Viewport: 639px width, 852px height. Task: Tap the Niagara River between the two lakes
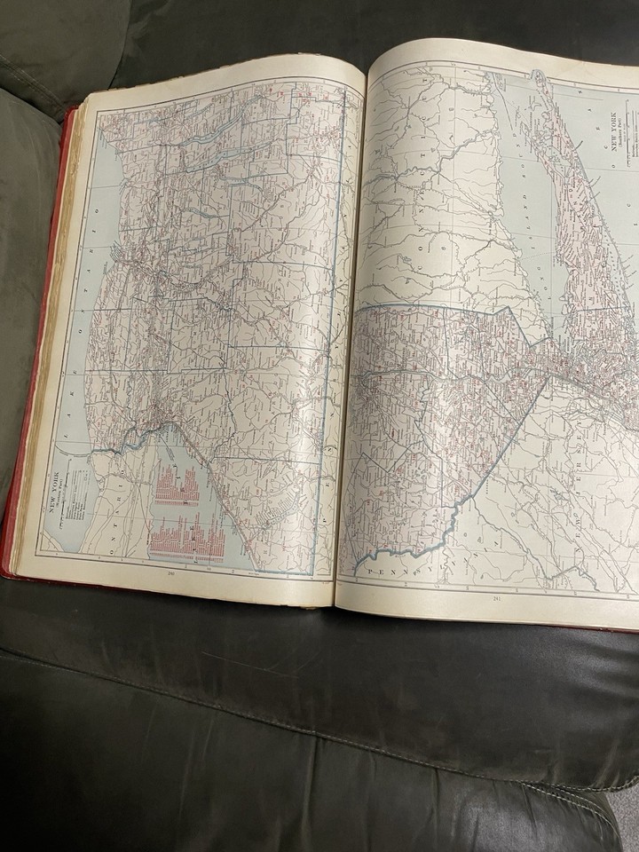(x=133, y=435)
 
